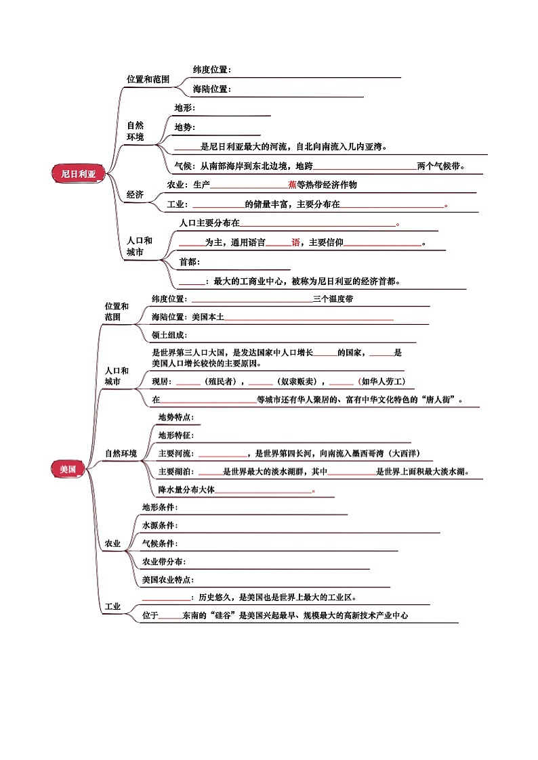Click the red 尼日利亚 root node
click(x=79, y=173)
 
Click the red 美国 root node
click(x=68, y=469)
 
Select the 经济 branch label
click(x=136, y=194)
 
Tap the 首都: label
click(x=190, y=262)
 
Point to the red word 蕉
click(x=292, y=185)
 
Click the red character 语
click(x=295, y=242)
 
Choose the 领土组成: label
click(x=169, y=335)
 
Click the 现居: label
click(x=161, y=382)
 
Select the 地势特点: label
click(x=176, y=417)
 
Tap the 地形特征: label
click(x=176, y=435)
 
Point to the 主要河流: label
click(x=176, y=453)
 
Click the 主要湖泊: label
click(x=176, y=471)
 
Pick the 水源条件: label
click(x=160, y=525)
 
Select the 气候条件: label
click(x=160, y=543)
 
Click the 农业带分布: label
click(x=164, y=561)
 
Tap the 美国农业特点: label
click(x=168, y=580)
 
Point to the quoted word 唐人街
click(x=436, y=400)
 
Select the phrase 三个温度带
click(x=333, y=299)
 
